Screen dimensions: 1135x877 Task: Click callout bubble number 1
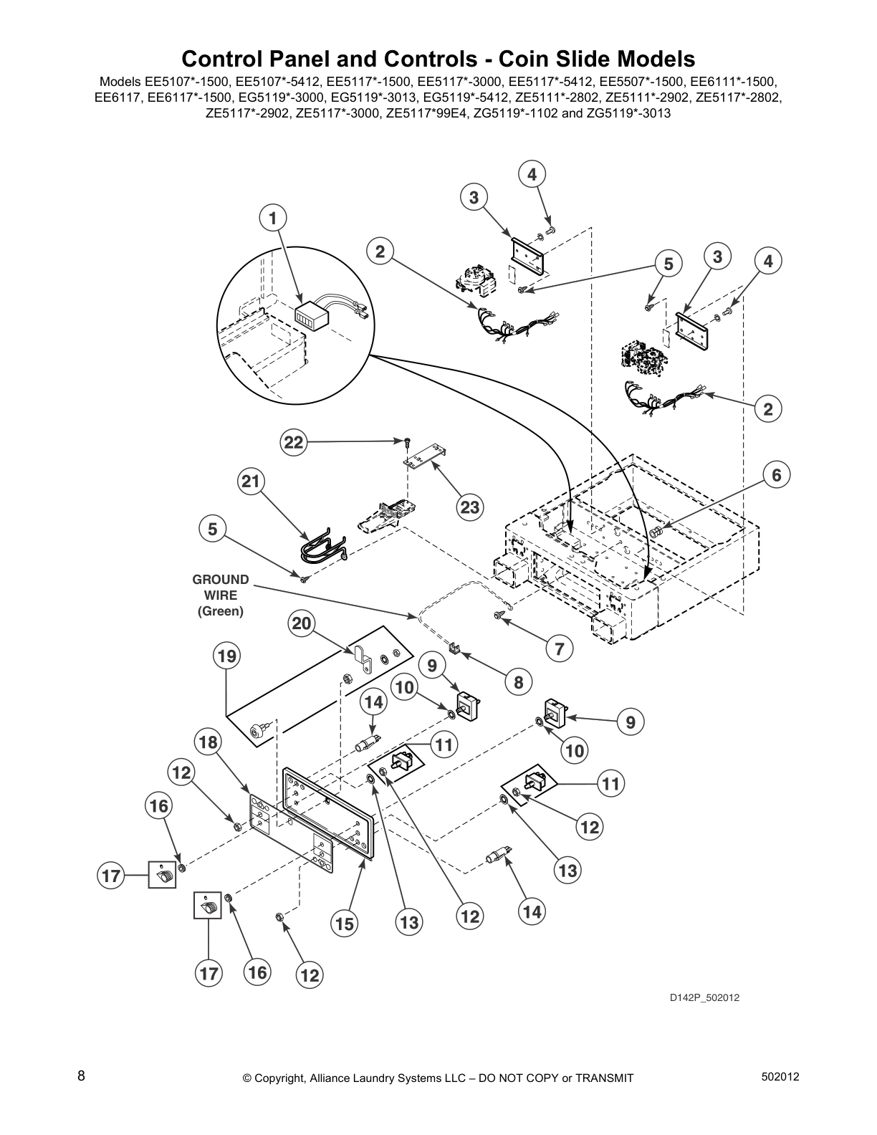[272, 218]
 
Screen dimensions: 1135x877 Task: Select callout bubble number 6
[776, 474]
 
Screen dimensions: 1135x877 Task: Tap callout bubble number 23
[469, 508]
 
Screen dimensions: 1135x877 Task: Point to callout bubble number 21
[250, 482]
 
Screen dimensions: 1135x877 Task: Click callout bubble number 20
[302, 624]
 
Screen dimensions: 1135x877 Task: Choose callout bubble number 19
[228, 656]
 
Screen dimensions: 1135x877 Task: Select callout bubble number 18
[208, 742]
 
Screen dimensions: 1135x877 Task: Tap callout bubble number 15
[345, 924]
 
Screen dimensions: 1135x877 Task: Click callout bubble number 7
[560, 649]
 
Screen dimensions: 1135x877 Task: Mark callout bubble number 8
[518, 682]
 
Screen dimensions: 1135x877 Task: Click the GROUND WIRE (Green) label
[220, 595]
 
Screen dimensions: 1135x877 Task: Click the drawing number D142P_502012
[704, 997]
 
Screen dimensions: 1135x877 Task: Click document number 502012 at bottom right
[780, 1077]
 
